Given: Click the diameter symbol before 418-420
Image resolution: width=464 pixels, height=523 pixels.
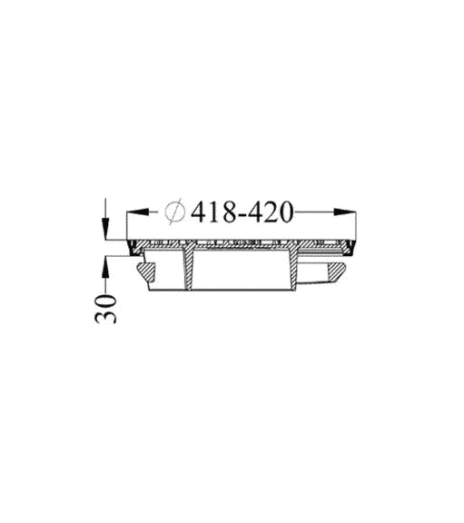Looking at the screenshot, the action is pyautogui.click(x=175, y=212).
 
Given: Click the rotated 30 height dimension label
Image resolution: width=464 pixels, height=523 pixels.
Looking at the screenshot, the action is pyautogui.click(x=106, y=309).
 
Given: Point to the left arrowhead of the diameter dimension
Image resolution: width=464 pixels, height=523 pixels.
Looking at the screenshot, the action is pyautogui.click(x=137, y=212).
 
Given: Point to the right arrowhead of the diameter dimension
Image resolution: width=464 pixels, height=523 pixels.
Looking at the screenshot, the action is pyautogui.click(x=344, y=212).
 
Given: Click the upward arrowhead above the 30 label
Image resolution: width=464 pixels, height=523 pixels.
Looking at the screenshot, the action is pyautogui.click(x=105, y=267).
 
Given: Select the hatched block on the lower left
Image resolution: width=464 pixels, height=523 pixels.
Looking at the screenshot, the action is pyautogui.click(x=147, y=271).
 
